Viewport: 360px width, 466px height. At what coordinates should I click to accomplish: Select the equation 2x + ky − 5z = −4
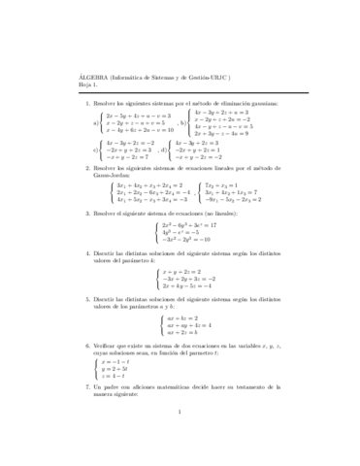[193, 286]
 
